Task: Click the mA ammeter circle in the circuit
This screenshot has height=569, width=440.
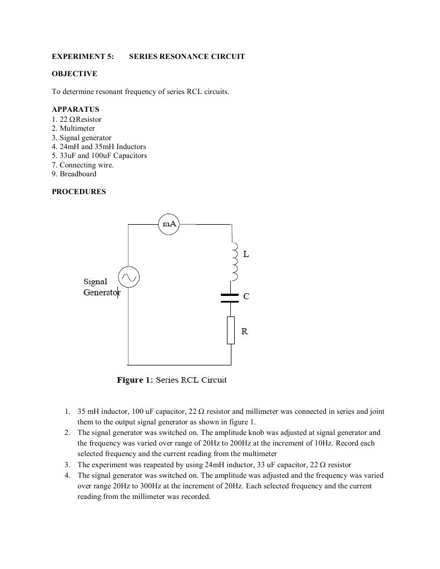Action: point(169,224)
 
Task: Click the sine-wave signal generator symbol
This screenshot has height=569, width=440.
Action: point(128,276)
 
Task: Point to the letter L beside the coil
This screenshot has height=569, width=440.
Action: point(246,254)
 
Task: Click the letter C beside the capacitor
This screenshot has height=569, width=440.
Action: point(246,297)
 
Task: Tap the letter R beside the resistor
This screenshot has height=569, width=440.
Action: point(245,331)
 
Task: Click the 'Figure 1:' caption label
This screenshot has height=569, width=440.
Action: point(134,380)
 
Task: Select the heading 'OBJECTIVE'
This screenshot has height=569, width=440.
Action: point(75,74)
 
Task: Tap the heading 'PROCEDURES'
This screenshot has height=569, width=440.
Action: point(78,192)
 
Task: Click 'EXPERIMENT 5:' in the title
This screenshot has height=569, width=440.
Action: point(83,57)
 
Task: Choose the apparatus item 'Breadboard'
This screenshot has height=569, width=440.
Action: point(78,174)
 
